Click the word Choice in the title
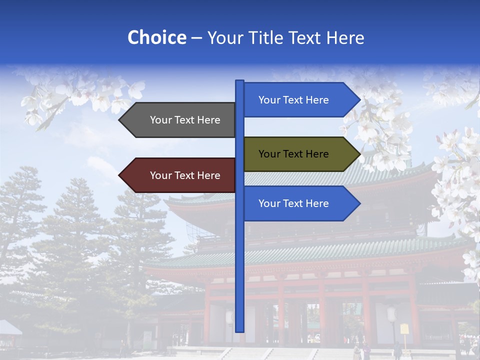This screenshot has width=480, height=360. (156, 38)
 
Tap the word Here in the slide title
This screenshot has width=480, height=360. (345, 38)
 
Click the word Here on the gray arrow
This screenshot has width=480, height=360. (208, 120)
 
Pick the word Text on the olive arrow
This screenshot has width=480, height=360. (293, 154)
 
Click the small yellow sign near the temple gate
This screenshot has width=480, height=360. (404, 329)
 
